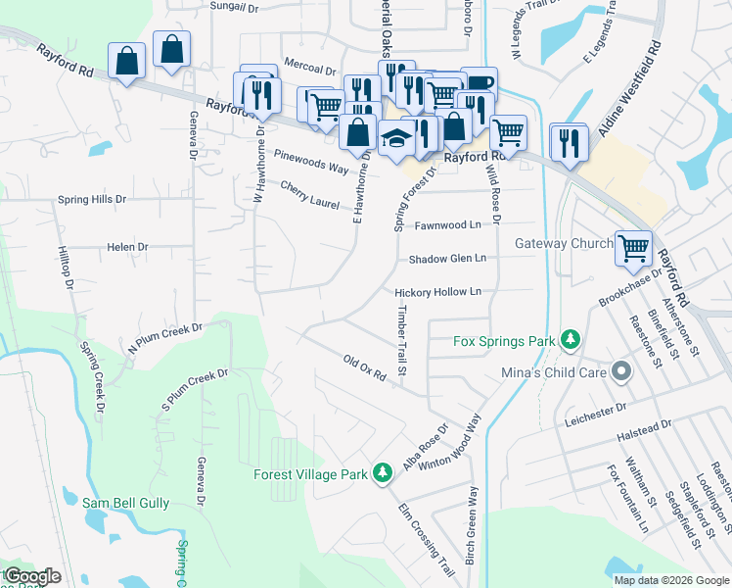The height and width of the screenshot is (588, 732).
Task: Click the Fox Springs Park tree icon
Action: (x=571, y=341)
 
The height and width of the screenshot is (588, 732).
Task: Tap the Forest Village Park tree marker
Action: (x=384, y=474)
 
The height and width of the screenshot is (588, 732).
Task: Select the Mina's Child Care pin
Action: (x=619, y=371)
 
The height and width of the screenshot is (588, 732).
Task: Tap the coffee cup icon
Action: (x=480, y=84)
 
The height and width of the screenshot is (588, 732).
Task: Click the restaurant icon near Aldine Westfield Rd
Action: (x=568, y=143)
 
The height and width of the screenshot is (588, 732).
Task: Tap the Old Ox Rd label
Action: (x=367, y=368)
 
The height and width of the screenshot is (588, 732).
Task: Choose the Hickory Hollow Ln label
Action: (x=438, y=292)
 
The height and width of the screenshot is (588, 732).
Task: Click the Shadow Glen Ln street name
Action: (x=447, y=259)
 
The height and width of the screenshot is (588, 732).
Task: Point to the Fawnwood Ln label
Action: (x=448, y=224)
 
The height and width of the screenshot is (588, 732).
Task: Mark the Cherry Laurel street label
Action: (x=309, y=195)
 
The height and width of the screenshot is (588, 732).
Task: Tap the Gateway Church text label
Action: (x=564, y=244)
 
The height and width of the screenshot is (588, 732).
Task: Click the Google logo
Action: (x=32, y=576)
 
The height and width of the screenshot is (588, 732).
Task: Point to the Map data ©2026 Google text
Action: (x=670, y=580)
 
